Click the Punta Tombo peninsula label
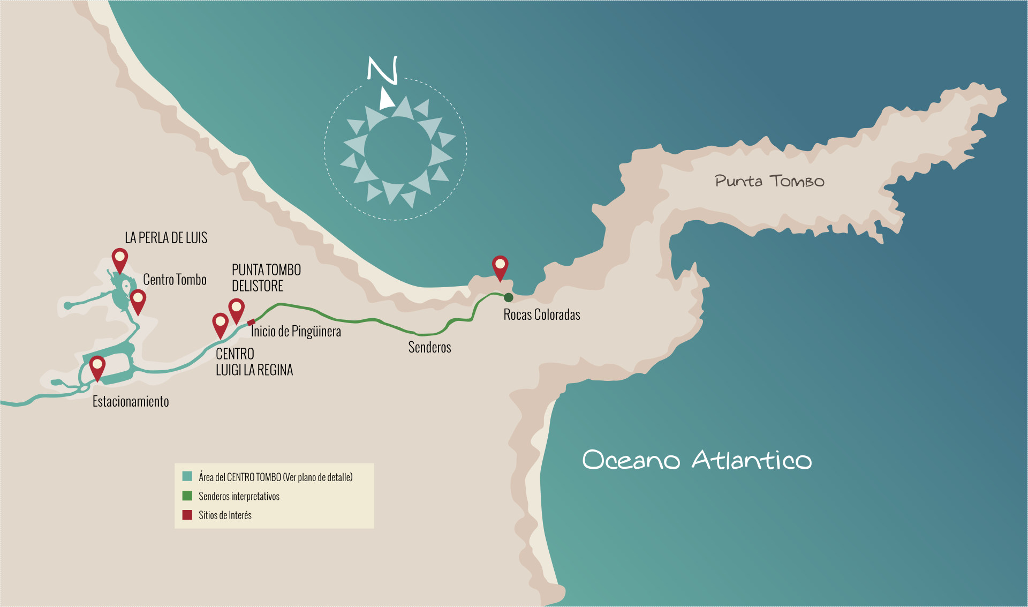coord(769,181)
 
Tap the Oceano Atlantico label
coord(697,460)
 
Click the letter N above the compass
coord(383,70)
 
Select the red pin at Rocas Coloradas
coord(500,266)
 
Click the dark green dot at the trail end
coord(509,297)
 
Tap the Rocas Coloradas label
coord(541,314)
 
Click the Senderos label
coord(429,347)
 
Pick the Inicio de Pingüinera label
coord(296,331)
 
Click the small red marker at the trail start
coord(251,323)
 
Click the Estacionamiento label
coord(131,401)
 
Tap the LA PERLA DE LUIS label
coord(166,237)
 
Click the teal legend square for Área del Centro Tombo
coord(187,476)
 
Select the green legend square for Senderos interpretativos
coord(187,496)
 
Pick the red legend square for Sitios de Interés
coord(187,515)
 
